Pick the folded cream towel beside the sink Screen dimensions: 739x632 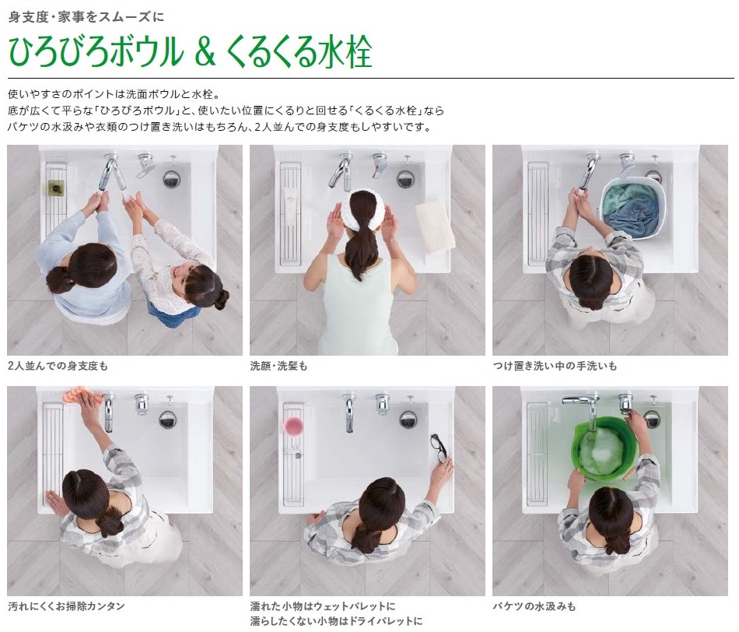(435, 226)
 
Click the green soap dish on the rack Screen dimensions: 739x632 (57, 188)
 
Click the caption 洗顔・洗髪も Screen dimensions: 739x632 (278, 366)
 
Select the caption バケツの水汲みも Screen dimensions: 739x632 (534, 606)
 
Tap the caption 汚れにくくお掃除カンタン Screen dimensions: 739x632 (66, 606)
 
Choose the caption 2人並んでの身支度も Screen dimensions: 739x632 (58, 366)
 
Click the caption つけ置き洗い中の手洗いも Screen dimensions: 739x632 (555, 366)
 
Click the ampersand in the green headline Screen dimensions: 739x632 (205, 52)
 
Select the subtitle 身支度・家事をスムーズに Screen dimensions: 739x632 (86, 17)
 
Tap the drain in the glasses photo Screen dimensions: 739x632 (407, 419)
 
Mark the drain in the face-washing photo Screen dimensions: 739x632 (405, 179)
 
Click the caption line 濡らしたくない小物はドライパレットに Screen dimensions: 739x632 (336, 621)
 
